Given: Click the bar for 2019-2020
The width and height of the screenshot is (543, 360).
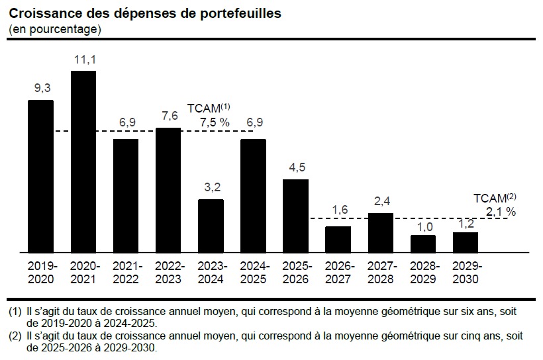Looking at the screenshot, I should point(40,176).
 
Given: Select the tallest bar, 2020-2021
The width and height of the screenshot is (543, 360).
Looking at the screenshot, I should point(83,161).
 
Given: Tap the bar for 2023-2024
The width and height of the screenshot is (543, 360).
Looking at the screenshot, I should point(211,226).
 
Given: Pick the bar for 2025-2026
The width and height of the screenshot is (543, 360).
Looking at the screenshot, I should point(295,216).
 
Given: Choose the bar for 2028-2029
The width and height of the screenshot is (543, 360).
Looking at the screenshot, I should point(422,244).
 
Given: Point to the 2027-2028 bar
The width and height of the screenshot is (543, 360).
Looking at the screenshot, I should point(381,232).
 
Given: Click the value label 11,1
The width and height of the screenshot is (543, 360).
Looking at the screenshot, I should point(83,60).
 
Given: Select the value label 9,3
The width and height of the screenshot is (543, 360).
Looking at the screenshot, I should point(41,89).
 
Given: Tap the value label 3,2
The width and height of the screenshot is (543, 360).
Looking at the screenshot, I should point(211,188).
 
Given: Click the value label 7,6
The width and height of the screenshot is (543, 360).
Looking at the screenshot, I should point(169,116).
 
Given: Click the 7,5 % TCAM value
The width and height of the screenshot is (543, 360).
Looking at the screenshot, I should point(215,122).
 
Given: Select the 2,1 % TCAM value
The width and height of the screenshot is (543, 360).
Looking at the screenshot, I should point(501,212).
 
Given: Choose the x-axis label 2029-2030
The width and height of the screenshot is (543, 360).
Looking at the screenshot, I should point(466,273).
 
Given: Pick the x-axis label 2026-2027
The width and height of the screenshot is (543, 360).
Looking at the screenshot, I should point(338,273).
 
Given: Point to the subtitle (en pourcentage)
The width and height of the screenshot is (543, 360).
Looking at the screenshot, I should point(55,29).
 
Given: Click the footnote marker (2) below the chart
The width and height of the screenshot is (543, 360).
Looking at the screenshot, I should point(15,336).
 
